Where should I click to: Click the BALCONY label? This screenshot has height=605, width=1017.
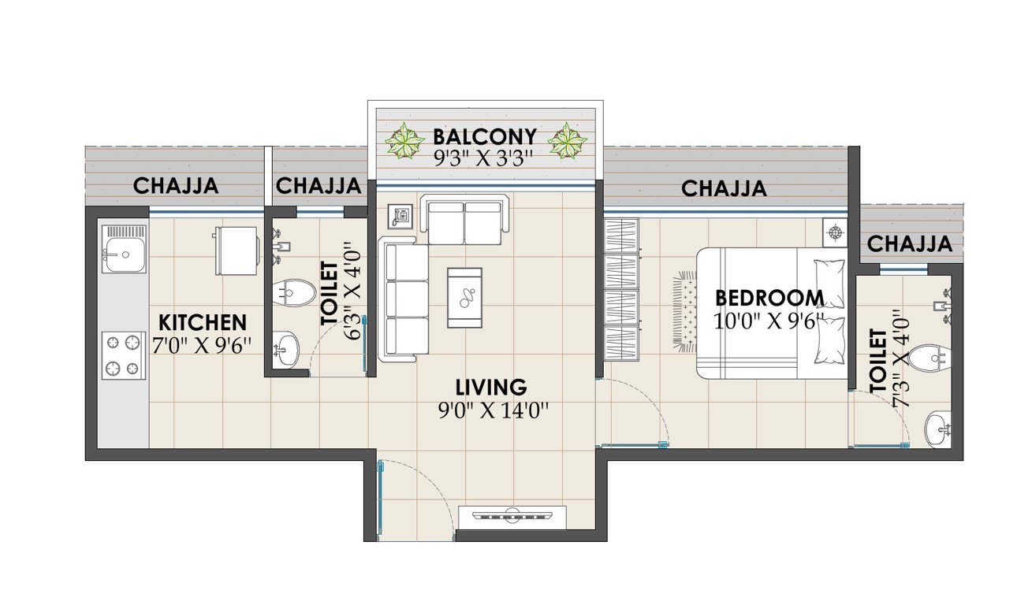(485, 136)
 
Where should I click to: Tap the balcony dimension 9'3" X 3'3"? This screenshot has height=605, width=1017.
(484, 158)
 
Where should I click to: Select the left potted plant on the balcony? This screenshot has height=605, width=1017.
(404, 142)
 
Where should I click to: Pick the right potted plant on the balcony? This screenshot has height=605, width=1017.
(567, 142)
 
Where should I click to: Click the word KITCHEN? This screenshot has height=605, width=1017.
(203, 322)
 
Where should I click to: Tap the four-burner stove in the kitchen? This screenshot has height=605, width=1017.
(124, 355)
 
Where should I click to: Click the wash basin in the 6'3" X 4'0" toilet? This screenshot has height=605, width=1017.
(285, 347)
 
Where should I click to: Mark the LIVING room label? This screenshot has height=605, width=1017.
(490, 387)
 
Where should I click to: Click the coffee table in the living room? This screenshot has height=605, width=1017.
(464, 297)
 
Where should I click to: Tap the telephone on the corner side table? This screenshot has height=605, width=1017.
(401, 215)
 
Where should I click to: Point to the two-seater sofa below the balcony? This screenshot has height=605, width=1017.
(464, 221)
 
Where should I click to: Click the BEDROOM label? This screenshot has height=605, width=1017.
(769, 298)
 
